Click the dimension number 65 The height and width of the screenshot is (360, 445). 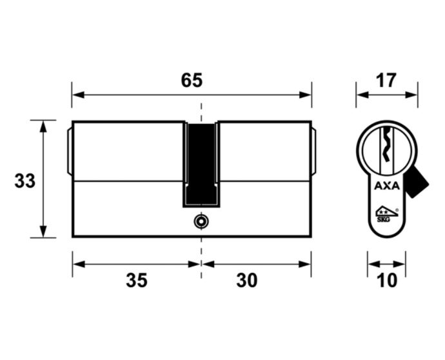point(192,81)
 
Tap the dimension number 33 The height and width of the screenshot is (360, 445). point(25,181)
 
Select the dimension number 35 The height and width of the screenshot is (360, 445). point(137,280)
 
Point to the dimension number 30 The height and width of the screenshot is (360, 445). point(247,280)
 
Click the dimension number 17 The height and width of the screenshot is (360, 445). point(386,81)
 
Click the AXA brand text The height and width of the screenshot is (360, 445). point(387,186)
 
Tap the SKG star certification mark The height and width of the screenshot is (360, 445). point(386,214)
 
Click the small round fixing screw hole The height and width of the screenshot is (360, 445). point(201,221)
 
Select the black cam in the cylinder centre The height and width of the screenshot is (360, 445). point(201,165)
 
